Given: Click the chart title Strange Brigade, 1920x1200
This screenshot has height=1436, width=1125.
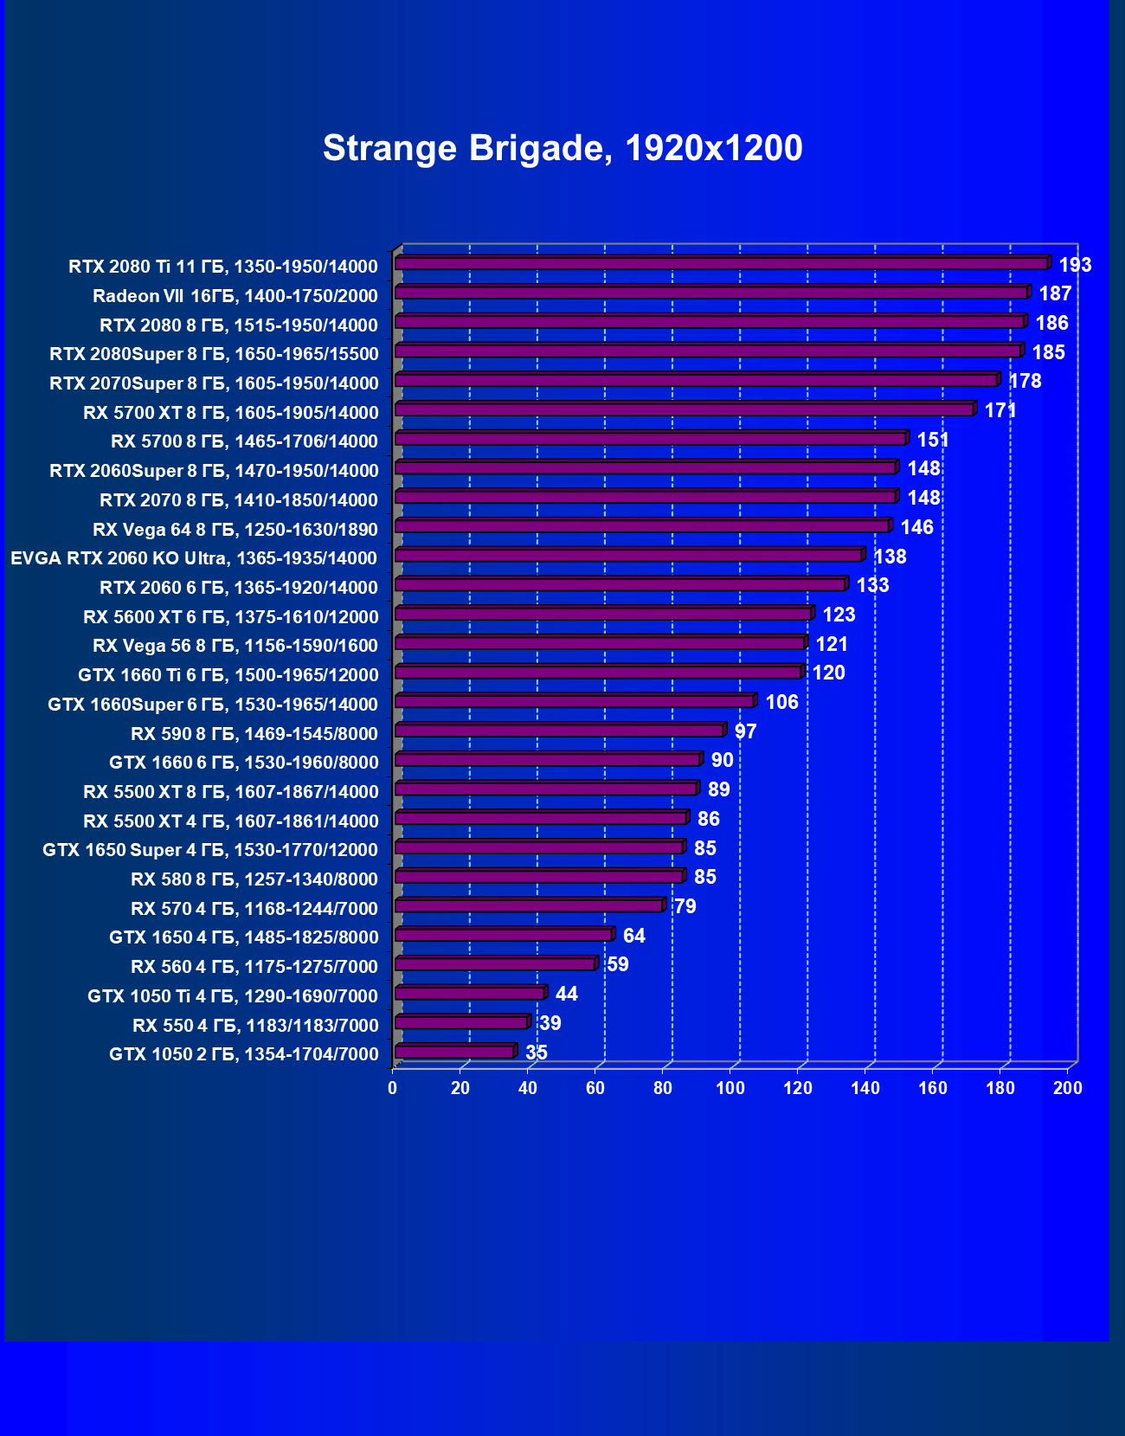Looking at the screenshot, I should (x=562, y=148).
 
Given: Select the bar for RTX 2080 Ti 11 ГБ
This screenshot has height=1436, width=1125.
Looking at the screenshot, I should (x=722, y=263).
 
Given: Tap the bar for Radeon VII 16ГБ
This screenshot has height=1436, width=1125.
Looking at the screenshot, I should (x=711, y=293).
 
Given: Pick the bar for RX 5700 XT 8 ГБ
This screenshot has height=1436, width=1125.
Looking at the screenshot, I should (x=685, y=409).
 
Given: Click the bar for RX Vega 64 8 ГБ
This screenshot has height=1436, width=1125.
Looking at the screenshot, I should (x=641, y=526).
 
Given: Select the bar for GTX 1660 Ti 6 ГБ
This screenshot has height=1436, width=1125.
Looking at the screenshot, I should (x=598, y=673).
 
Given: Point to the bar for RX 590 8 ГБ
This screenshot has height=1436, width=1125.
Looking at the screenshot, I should (x=559, y=731).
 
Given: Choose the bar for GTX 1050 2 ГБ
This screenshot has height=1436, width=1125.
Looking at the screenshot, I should (x=454, y=1052).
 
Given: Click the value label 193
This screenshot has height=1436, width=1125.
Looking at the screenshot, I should (x=1075, y=265).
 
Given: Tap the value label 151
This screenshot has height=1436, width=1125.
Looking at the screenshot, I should (x=933, y=440).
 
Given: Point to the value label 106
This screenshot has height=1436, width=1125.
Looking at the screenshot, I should (x=781, y=702).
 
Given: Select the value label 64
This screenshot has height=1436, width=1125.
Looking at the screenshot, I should (x=633, y=936).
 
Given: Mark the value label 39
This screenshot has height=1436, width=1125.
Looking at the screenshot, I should (x=550, y=1023).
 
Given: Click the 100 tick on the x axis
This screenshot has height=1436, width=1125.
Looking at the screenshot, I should (x=730, y=1088).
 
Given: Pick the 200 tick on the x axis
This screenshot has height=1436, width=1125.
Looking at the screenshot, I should (x=1067, y=1088).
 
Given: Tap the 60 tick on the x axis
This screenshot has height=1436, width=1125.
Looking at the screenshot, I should (x=595, y=1088).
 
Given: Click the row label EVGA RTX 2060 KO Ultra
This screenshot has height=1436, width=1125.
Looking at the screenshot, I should (x=194, y=558).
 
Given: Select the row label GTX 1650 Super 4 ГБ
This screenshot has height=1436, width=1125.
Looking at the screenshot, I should (x=210, y=850).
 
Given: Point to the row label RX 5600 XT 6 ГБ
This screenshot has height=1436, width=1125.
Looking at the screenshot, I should (x=231, y=616).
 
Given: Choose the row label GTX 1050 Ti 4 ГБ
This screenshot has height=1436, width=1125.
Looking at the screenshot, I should (x=233, y=996).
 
